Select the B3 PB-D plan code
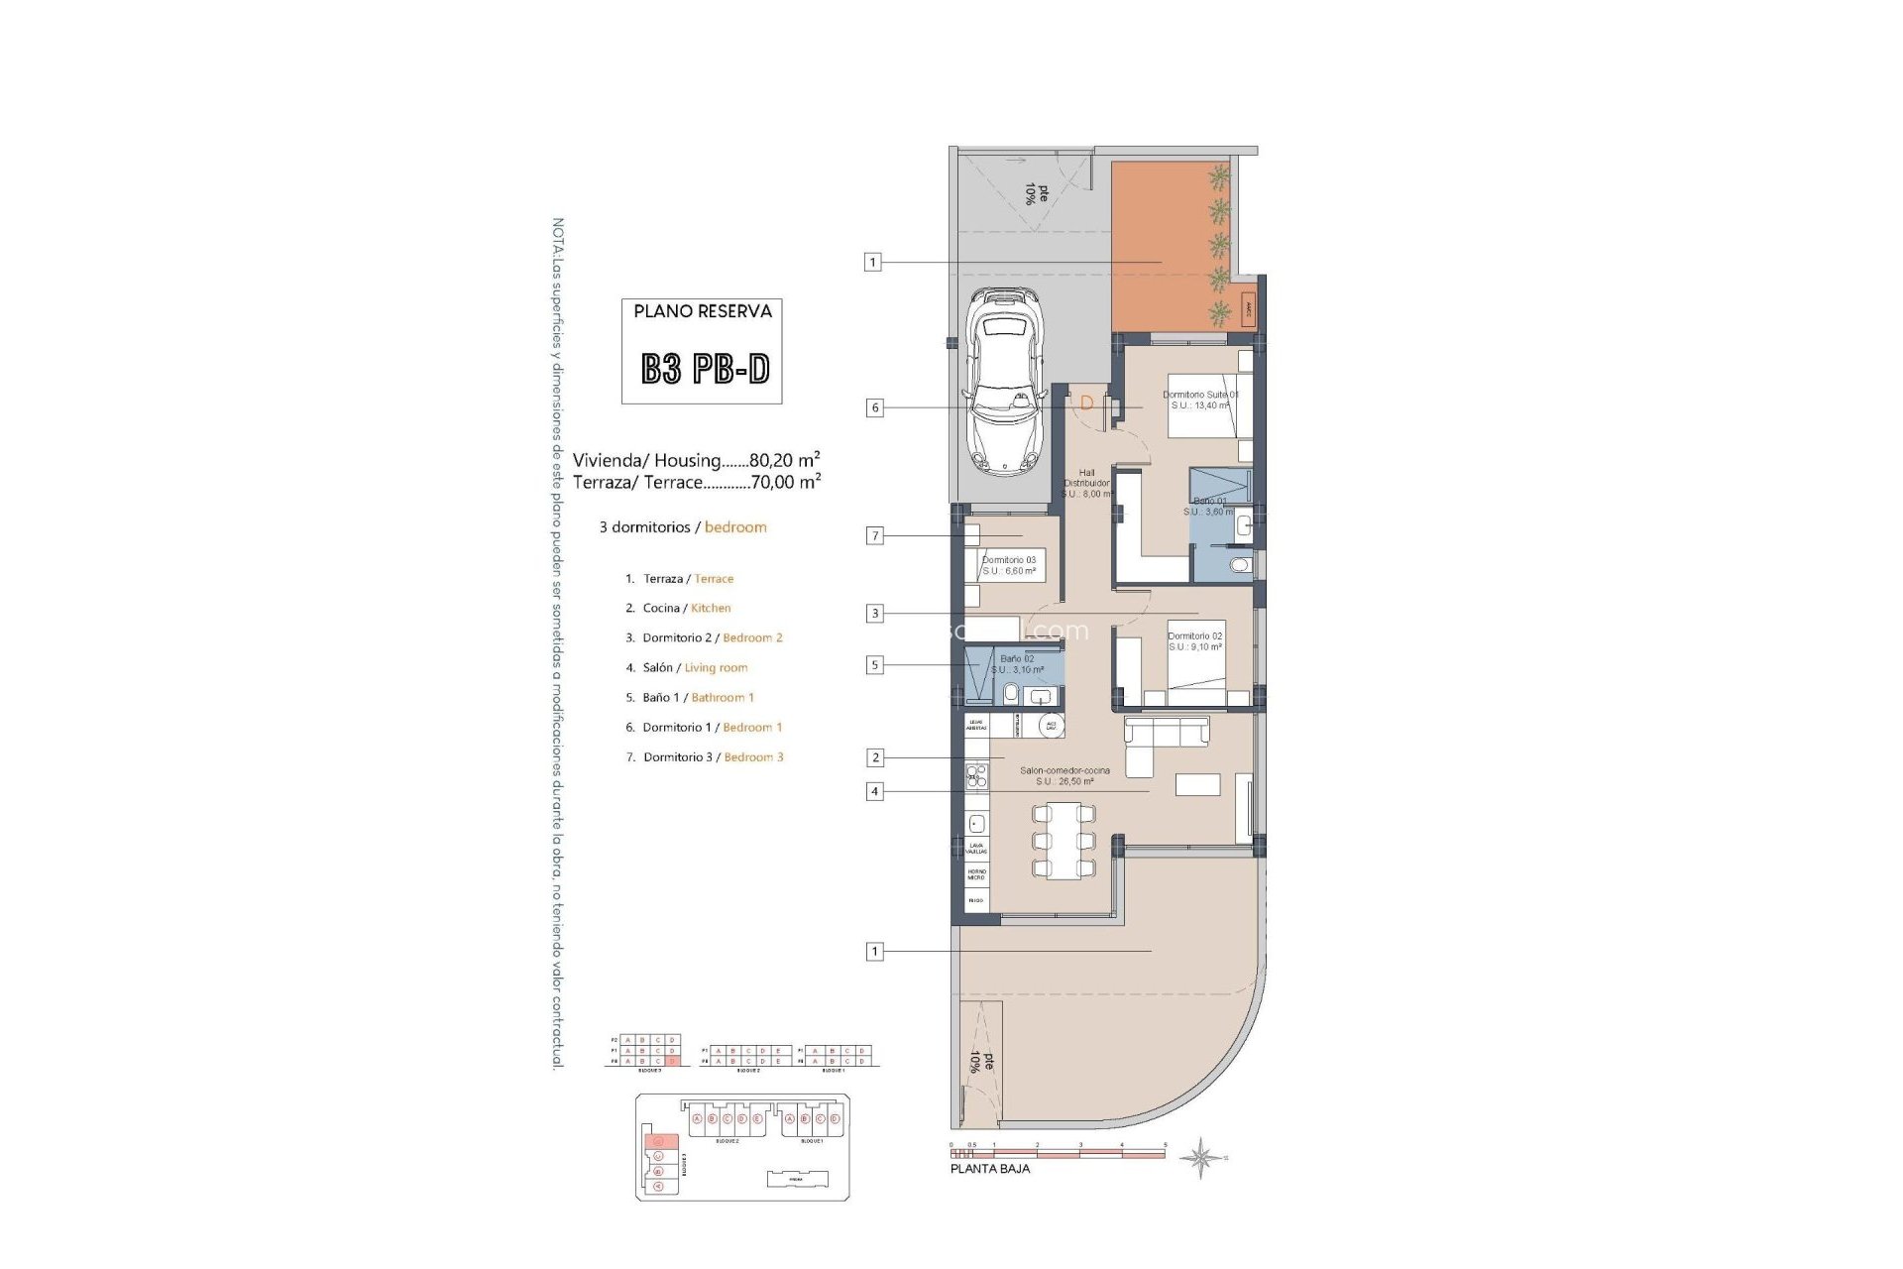pyautogui.click(x=705, y=369)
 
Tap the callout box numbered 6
pyautogui.click(x=874, y=407)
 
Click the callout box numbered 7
pyautogui.click(x=874, y=535)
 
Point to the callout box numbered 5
pyautogui.click(x=874, y=665)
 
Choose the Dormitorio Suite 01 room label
pyautogui.click(x=1200, y=400)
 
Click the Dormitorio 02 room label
pyautogui.click(x=1194, y=641)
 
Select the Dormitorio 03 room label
pyautogui.click(x=1008, y=565)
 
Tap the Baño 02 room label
pyautogui.click(x=1017, y=664)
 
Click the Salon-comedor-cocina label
pyautogui.click(x=1064, y=775)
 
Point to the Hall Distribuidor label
pyautogui.click(x=1087, y=483)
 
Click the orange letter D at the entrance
pyautogui.click(x=1086, y=403)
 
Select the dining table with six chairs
pyautogui.click(x=1063, y=842)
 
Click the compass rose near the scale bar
pyautogui.click(x=1200, y=1158)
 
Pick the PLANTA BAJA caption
pyautogui.click(x=989, y=1169)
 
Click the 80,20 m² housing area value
pyautogui.click(x=784, y=460)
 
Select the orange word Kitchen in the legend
pyautogui.click(x=711, y=608)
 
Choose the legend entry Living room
pyautogui.click(x=716, y=667)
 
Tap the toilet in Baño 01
pyautogui.click(x=1239, y=565)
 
